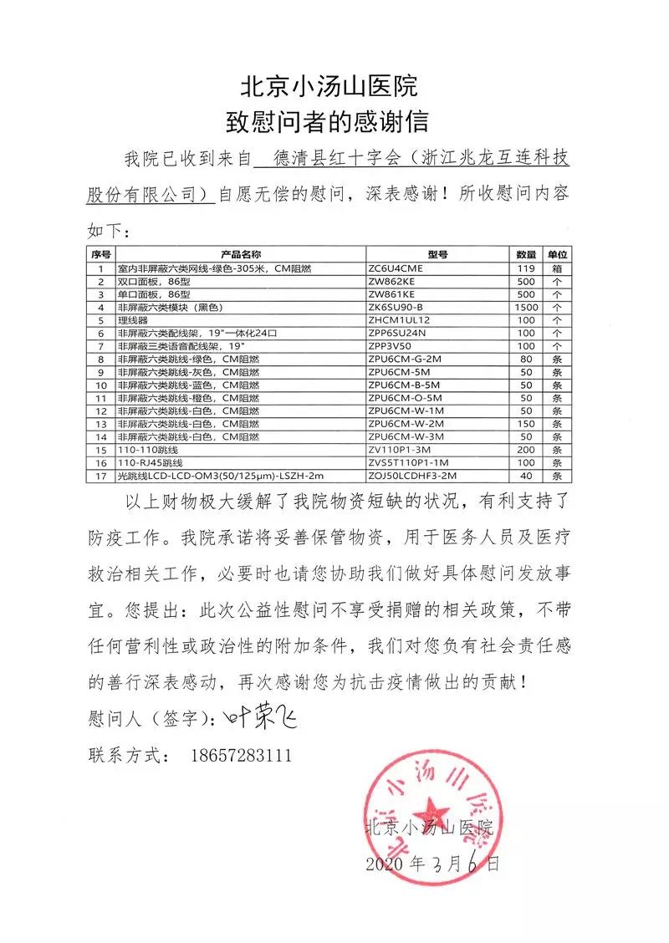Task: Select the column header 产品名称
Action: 241,254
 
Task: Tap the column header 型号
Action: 437,254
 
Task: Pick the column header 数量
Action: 526,254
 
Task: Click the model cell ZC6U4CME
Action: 396,268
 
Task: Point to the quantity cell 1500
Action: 526,307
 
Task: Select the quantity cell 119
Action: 526,268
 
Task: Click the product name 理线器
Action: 133,319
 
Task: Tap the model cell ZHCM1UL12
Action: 400,319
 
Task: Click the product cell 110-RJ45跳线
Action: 150,462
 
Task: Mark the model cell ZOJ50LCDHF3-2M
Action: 412,475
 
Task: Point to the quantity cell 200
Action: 526,449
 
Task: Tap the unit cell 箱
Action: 556,268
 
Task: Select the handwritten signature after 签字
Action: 260,717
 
